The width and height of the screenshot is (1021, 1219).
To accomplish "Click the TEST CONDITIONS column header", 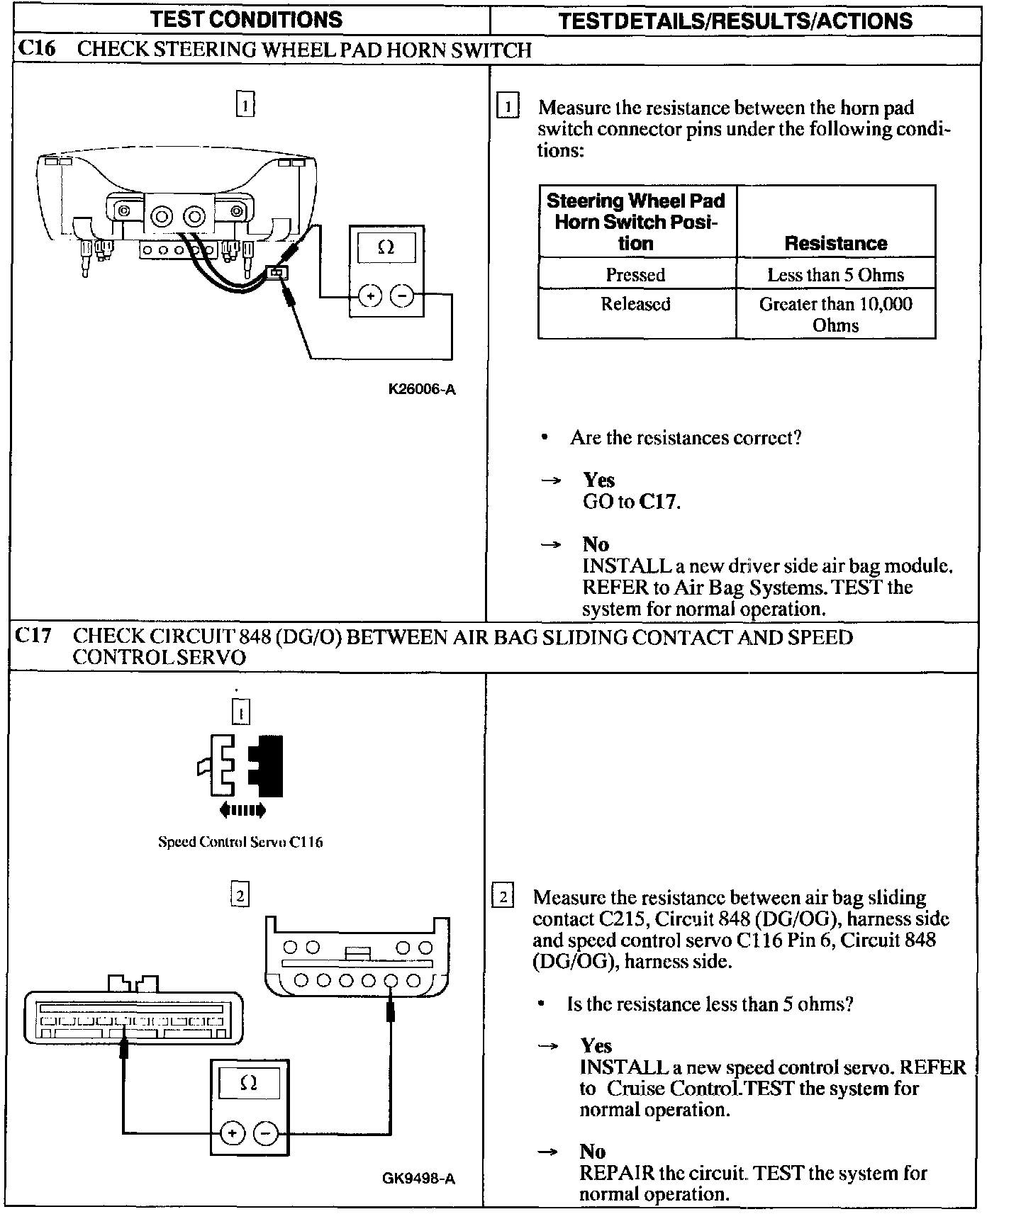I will click(246, 19).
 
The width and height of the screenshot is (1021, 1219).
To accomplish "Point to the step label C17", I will click(34, 636).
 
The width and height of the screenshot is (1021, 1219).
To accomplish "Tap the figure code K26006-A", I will click(421, 389).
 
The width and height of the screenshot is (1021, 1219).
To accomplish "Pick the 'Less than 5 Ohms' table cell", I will click(835, 275).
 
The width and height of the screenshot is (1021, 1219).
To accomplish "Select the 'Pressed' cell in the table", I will click(635, 275).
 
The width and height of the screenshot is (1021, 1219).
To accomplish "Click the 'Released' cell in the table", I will click(635, 304).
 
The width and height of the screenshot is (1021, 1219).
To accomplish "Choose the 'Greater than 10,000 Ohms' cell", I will click(835, 315).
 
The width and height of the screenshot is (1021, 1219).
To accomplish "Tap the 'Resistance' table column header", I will click(835, 243).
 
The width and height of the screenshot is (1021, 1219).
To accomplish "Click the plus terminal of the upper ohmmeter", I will click(370, 296).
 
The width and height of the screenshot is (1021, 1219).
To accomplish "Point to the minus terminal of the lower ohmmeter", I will click(266, 1133).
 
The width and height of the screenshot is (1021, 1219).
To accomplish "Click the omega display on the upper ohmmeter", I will click(386, 248).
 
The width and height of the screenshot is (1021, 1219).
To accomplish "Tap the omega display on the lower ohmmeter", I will click(248, 1084).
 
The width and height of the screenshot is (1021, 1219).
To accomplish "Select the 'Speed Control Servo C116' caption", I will click(240, 842).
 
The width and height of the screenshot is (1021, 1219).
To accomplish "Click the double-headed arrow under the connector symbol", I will click(243, 809).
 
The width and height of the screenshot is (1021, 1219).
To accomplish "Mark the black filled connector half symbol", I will click(267, 765).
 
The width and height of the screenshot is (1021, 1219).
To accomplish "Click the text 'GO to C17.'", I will click(631, 502).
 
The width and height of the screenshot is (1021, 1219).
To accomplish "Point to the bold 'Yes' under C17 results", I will click(596, 1045).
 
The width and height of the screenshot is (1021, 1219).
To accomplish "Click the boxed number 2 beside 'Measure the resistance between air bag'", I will click(502, 897).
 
